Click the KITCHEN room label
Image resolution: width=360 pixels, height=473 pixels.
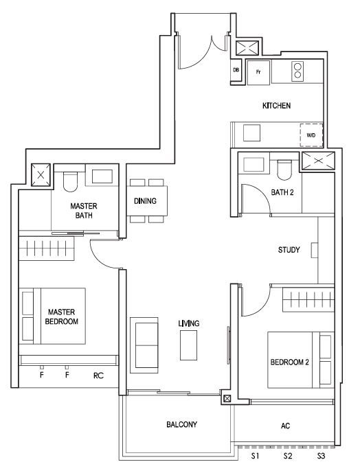[x=276, y=106]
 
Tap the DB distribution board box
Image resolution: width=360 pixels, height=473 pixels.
[x=236, y=70]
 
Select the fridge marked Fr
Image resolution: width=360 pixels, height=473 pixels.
[x=258, y=72]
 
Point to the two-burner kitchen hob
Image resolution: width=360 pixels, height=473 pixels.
[x=297, y=71]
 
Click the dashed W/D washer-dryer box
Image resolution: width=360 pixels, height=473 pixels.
[x=311, y=135]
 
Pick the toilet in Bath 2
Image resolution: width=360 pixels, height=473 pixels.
[x=284, y=169]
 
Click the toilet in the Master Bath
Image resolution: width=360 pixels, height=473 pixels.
[x=70, y=181]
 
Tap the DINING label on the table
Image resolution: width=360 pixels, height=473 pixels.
[x=145, y=201]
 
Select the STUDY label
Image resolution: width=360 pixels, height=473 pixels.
[x=289, y=250]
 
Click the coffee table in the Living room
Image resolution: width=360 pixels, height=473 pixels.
[x=188, y=345]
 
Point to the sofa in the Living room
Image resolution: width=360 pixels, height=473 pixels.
[x=144, y=345]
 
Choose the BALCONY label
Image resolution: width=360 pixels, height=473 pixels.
[x=181, y=424]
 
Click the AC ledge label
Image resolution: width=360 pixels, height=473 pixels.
[x=285, y=426]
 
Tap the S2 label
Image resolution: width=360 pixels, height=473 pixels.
[x=288, y=456]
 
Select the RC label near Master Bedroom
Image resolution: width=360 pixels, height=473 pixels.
[x=98, y=376]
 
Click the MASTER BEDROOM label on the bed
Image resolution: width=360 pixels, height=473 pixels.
[x=62, y=316]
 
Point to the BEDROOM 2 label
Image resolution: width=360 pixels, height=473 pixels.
[x=289, y=362]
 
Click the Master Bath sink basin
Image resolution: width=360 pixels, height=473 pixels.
[x=102, y=176]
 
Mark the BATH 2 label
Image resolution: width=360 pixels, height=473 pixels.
[x=282, y=192]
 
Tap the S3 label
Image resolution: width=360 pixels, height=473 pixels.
[x=321, y=456]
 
